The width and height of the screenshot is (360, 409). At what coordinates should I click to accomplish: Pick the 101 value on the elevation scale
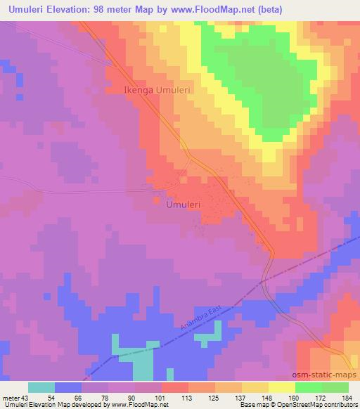click(160, 398)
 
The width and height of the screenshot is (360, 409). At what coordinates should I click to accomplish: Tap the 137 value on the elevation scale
click(241, 398)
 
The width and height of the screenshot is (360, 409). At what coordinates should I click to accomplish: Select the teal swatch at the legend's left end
click(41, 387)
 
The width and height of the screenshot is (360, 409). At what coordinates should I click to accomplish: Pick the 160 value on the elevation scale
click(295, 398)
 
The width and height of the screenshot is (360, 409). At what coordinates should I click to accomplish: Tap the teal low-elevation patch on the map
click(143, 365)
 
